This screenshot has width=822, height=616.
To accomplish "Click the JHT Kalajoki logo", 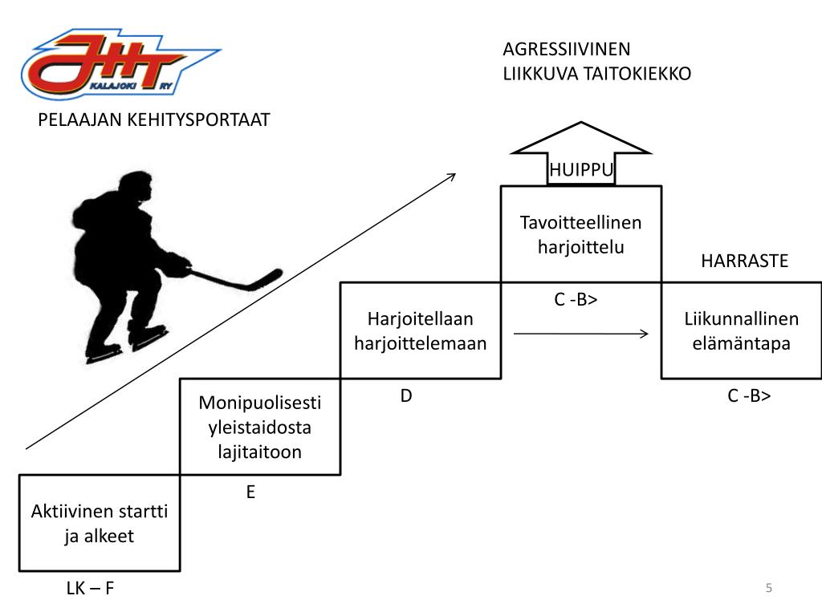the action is (120, 64).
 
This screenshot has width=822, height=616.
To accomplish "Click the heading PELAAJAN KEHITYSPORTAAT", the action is (154, 120).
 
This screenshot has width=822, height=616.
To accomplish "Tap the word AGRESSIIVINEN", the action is (567, 49).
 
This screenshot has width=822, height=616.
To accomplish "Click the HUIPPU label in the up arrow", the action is (581, 169).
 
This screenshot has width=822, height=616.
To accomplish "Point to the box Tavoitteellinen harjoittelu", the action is (581, 234).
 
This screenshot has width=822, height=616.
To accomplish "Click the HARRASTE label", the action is (745, 261).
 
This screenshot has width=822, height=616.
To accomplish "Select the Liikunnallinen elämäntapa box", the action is (742, 330).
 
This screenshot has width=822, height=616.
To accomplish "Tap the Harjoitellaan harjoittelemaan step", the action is (421, 330).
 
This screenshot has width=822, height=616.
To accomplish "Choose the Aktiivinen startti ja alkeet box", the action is (100, 523).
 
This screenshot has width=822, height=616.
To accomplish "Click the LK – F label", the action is (90, 589).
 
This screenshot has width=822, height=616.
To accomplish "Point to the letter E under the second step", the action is (250, 492).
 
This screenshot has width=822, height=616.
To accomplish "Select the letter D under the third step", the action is (406, 396).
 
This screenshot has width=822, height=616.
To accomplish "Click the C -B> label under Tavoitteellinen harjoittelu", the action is (576, 300).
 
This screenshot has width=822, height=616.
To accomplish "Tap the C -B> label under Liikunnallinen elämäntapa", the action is (749, 396).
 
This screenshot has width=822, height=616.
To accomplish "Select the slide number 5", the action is (769, 588).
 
